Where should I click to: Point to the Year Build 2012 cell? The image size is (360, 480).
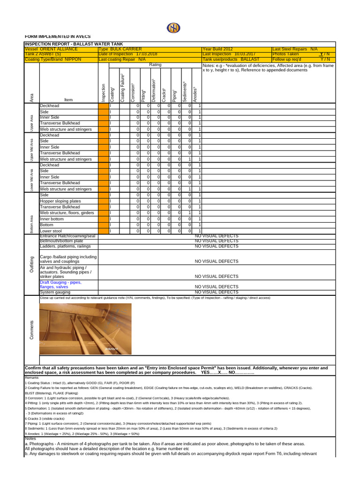click(217, 49)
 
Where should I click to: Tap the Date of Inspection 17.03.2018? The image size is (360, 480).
click(128, 54)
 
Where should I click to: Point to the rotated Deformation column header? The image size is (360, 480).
click(153, 90)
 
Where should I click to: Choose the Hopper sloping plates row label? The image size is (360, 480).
click(60, 201)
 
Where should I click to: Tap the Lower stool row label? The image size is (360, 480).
click(52, 231)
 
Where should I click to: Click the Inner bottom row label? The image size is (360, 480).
click(53, 218)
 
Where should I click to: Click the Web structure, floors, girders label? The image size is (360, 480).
click(67, 212)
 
